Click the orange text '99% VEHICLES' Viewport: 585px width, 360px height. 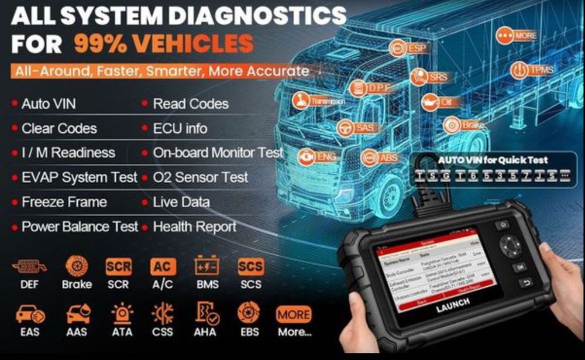click(x=164, y=44)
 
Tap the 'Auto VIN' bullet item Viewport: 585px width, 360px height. click(x=49, y=104)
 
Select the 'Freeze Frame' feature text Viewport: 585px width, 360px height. click(x=64, y=203)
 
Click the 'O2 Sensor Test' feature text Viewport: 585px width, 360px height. click(x=200, y=177)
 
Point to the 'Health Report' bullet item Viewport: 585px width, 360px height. click(x=194, y=227)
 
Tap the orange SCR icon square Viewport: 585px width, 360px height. click(x=119, y=267)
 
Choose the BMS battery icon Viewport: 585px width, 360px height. click(x=207, y=267)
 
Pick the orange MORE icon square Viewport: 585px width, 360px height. click(x=294, y=314)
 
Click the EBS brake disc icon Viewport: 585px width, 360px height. click(x=250, y=314)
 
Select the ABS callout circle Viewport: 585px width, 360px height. click(x=370, y=157)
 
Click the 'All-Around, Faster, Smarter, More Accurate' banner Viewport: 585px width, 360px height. click(x=160, y=71)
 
